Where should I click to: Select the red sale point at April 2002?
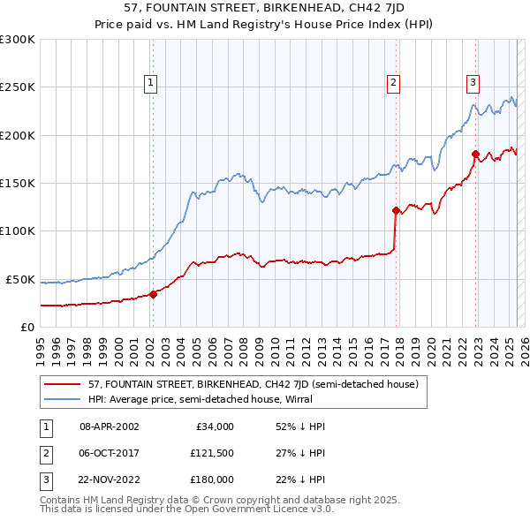[x=153, y=294]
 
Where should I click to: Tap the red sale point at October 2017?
[x=396, y=210]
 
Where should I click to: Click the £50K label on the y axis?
[x=20, y=279]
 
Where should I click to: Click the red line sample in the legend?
[x=64, y=384]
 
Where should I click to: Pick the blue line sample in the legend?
[x=64, y=398]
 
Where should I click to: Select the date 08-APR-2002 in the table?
[x=110, y=427]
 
